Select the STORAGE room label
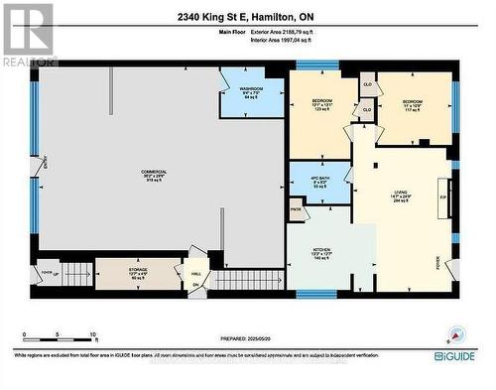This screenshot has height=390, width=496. coord(139,268)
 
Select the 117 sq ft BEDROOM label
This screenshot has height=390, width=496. coord(412,102)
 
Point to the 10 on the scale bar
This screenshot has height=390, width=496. coord(92,335)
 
